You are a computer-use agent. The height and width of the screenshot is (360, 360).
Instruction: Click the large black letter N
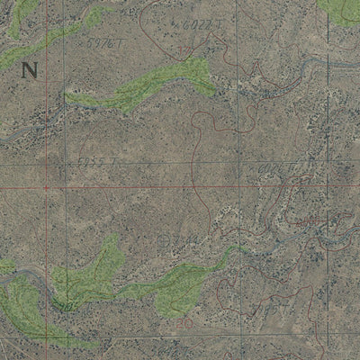31,70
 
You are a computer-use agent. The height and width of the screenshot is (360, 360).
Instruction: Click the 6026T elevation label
274,167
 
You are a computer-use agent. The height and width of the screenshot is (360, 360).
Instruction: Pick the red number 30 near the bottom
185,323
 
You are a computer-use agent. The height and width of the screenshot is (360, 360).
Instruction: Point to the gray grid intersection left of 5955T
65,162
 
